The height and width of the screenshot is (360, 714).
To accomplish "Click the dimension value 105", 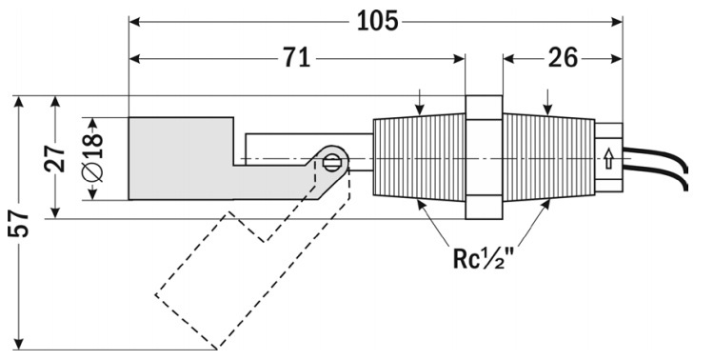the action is [x=377, y=21].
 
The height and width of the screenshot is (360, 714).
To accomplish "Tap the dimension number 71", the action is [x=296, y=58].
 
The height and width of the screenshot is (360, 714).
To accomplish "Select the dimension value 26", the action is [x=563, y=58].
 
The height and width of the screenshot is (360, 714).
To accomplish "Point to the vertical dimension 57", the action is [x=19, y=223].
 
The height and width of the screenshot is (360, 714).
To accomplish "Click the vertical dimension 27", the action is [x=54, y=158].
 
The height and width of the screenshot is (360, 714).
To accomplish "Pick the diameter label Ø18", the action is [x=93, y=158].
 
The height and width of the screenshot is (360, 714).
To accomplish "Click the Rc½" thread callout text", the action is [x=483, y=258].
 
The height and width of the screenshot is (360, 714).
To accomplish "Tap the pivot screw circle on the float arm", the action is [x=331, y=162].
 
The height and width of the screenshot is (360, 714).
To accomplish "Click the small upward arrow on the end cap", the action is [x=608, y=159].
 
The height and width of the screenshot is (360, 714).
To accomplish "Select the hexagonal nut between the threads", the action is [x=484, y=157].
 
